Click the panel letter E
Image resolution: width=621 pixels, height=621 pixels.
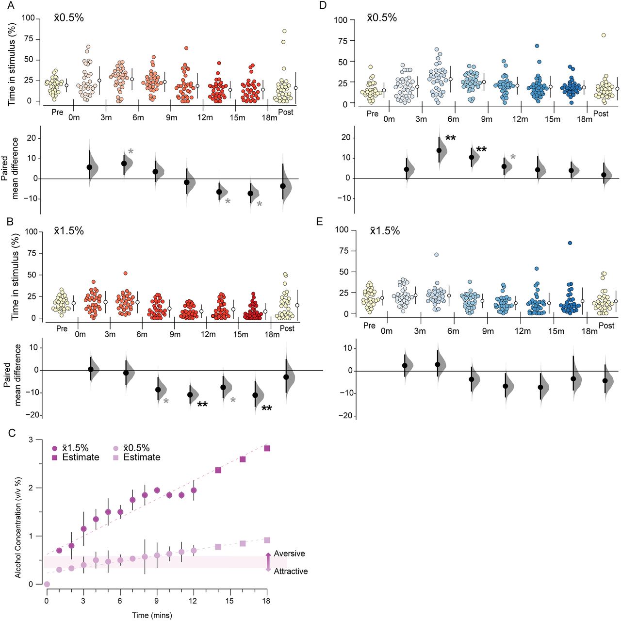[x=319, y=221]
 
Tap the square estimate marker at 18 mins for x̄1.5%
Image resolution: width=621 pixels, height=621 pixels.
[x=267, y=448]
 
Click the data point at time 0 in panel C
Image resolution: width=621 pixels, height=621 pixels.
[x=47, y=584]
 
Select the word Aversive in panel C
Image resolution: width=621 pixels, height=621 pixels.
[x=289, y=554]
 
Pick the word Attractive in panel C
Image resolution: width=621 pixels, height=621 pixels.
[x=291, y=572]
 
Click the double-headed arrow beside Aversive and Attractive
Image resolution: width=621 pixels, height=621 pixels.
[x=268, y=562]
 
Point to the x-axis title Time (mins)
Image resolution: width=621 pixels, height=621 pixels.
[x=152, y=615]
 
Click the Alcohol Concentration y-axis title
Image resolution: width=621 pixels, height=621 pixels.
[x=18, y=527]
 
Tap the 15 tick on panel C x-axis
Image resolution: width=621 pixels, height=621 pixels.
[x=230, y=601]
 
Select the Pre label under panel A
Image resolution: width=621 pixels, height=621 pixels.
[x=58, y=113]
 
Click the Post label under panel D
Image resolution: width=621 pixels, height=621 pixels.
[x=601, y=114]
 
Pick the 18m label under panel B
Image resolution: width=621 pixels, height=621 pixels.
[x=272, y=334]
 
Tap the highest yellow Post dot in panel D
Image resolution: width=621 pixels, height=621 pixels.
[x=604, y=35]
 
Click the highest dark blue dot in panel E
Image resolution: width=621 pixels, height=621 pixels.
[x=570, y=243]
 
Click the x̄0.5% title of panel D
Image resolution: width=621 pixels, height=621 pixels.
[x=382, y=18]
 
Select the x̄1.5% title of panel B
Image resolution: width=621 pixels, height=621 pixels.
[x=69, y=231]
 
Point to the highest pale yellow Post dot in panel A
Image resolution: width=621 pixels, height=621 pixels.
[x=284, y=31]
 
